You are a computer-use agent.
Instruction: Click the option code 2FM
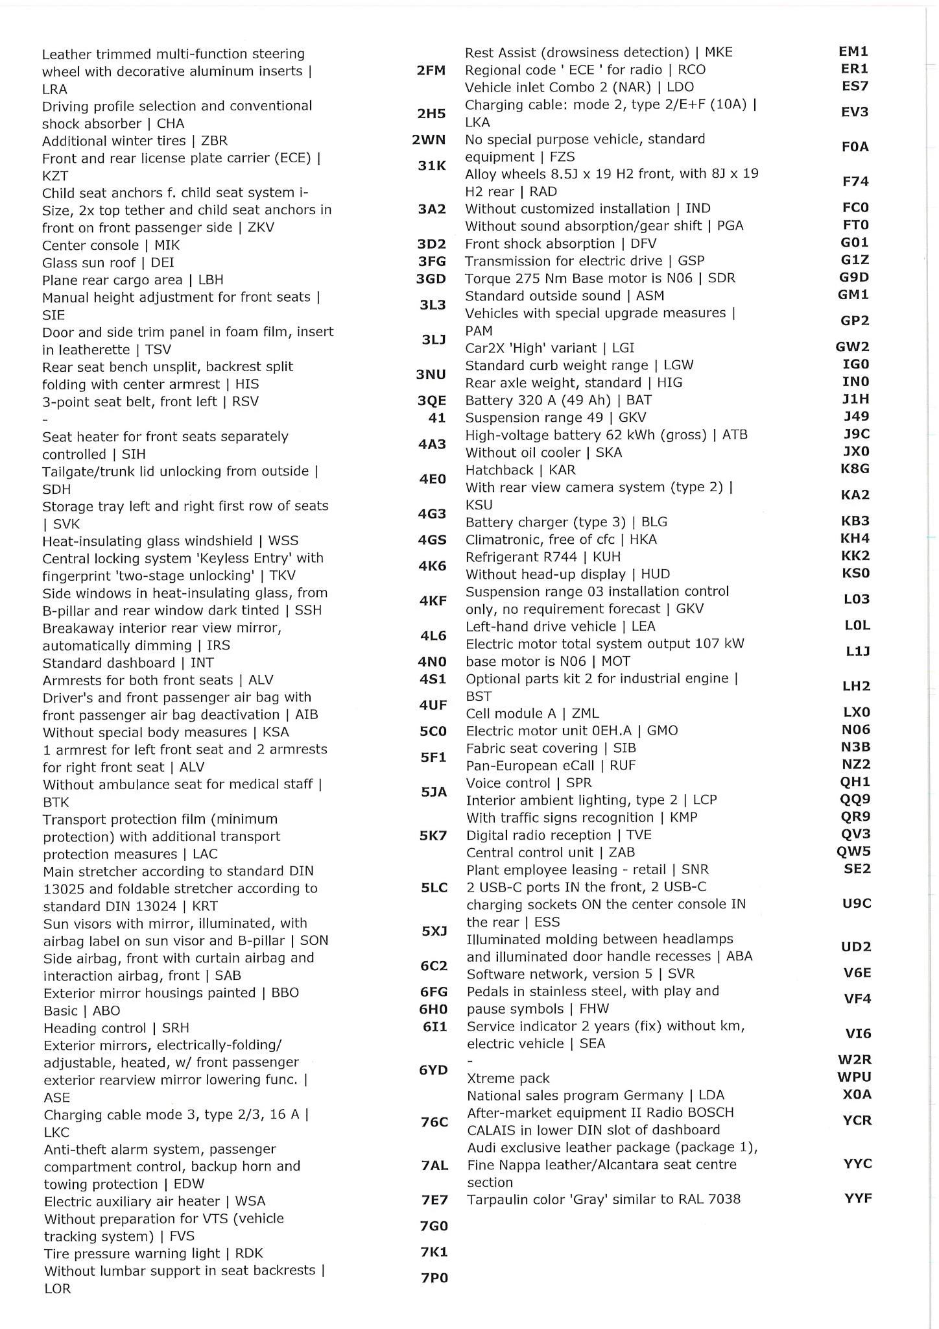pyautogui.click(x=431, y=71)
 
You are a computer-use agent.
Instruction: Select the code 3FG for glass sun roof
pyautogui.click(x=431, y=262)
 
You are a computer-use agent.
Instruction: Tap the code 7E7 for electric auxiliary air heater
pyautogui.click(x=434, y=1201)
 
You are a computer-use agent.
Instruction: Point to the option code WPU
pyautogui.click(x=854, y=1077)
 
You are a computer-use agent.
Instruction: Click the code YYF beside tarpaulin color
pyautogui.click(x=857, y=1199)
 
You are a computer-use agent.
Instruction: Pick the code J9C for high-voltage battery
pyautogui.click(x=856, y=433)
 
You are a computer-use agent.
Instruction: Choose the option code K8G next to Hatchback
pyautogui.click(x=855, y=469)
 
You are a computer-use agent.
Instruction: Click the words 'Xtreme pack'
pyautogui.click(x=508, y=1079)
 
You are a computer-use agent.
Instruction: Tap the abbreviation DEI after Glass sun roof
pyautogui.click(x=162, y=262)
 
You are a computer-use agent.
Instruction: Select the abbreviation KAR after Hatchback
pyautogui.click(x=562, y=470)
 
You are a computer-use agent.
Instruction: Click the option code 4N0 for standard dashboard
pyautogui.click(x=432, y=662)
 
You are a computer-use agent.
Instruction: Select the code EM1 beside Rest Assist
pyautogui.click(x=853, y=51)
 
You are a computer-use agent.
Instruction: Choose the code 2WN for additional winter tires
pyautogui.click(x=429, y=140)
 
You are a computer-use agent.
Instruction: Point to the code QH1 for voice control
pyautogui.click(x=855, y=782)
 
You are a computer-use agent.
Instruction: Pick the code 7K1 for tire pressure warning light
pyautogui.click(x=434, y=1252)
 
